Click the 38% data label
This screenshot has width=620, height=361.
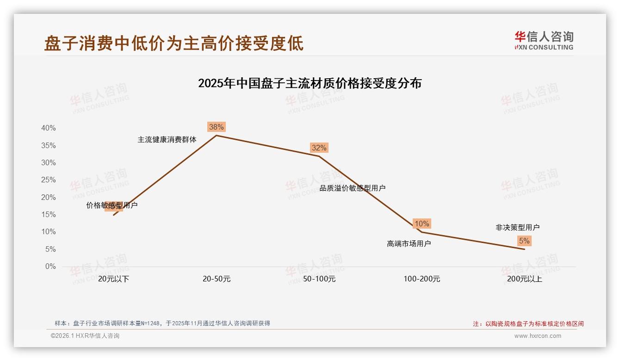click(216, 127)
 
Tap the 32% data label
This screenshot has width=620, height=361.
click(319, 148)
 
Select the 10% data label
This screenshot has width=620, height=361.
click(422, 224)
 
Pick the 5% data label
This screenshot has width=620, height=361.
click(524, 241)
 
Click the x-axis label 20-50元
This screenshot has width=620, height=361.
click(216, 279)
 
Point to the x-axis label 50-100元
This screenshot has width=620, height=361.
click(319, 279)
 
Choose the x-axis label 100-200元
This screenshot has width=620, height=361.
click(422, 279)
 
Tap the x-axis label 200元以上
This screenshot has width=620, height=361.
click(524, 279)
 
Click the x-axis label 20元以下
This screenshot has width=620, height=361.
click(113, 279)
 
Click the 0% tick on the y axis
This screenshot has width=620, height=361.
click(50, 267)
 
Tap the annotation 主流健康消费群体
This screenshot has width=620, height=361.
click(167, 139)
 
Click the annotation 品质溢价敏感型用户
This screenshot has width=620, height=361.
click(353, 188)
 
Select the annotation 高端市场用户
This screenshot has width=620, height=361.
click(409, 243)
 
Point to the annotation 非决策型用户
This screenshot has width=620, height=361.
click(517, 227)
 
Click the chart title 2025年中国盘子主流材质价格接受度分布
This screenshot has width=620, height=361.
click(310, 83)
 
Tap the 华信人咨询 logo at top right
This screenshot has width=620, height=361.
click(544, 40)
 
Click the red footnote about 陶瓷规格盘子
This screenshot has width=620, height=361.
click(528, 324)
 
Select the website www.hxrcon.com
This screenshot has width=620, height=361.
click(538, 336)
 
